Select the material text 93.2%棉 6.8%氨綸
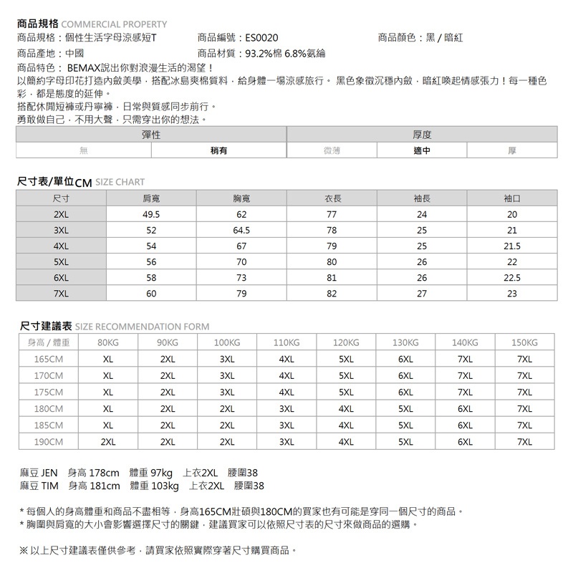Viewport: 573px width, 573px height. click(285, 53)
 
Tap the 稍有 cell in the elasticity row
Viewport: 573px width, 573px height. click(219, 151)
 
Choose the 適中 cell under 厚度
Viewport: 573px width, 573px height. click(422, 151)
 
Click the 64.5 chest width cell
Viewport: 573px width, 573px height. click(241, 230)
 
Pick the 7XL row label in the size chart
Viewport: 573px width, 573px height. click(61, 293)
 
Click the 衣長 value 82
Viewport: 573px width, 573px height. click(331, 293)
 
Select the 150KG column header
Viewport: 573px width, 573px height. click(525, 342)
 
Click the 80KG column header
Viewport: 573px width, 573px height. click(108, 342)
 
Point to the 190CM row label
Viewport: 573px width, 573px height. click(49, 442)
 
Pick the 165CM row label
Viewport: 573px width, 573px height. click(49, 359)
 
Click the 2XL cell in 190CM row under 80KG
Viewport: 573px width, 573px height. click(108, 442)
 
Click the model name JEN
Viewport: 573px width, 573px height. click(49, 473)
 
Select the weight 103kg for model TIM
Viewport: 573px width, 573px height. click(164, 486)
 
